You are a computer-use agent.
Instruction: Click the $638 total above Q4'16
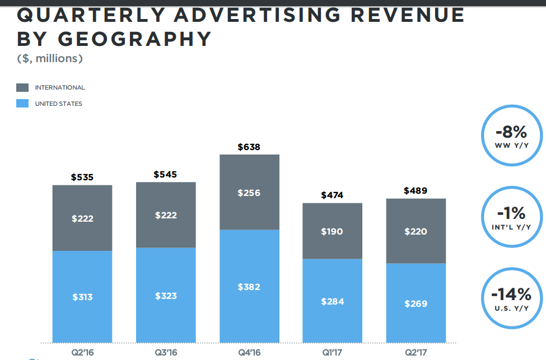click(x=249, y=147)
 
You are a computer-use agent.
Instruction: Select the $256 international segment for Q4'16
click(x=249, y=193)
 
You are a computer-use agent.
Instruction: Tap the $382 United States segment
click(x=249, y=287)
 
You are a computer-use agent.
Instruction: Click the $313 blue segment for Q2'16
click(x=82, y=297)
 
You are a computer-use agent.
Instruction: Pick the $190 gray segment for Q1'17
click(x=332, y=231)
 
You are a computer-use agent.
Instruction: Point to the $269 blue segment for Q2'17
click(x=416, y=303)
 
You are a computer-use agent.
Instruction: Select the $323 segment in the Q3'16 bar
click(x=166, y=296)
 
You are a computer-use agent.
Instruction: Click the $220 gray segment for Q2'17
click(x=416, y=231)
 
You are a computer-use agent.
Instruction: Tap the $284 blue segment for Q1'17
click(x=332, y=301)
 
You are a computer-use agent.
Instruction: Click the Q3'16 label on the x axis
click(x=166, y=353)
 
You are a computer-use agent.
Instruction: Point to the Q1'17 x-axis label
click(x=332, y=353)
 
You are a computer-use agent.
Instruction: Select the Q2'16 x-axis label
click(x=82, y=353)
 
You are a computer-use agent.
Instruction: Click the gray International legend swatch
click(x=22, y=87)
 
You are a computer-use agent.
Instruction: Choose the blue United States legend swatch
click(x=22, y=104)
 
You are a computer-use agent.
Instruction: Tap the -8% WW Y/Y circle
click(x=511, y=135)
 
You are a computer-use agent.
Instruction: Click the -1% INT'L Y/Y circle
click(x=511, y=216)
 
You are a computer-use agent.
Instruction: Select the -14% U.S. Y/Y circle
click(x=511, y=297)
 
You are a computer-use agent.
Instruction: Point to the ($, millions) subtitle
click(x=50, y=58)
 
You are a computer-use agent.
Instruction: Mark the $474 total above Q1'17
click(x=332, y=195)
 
